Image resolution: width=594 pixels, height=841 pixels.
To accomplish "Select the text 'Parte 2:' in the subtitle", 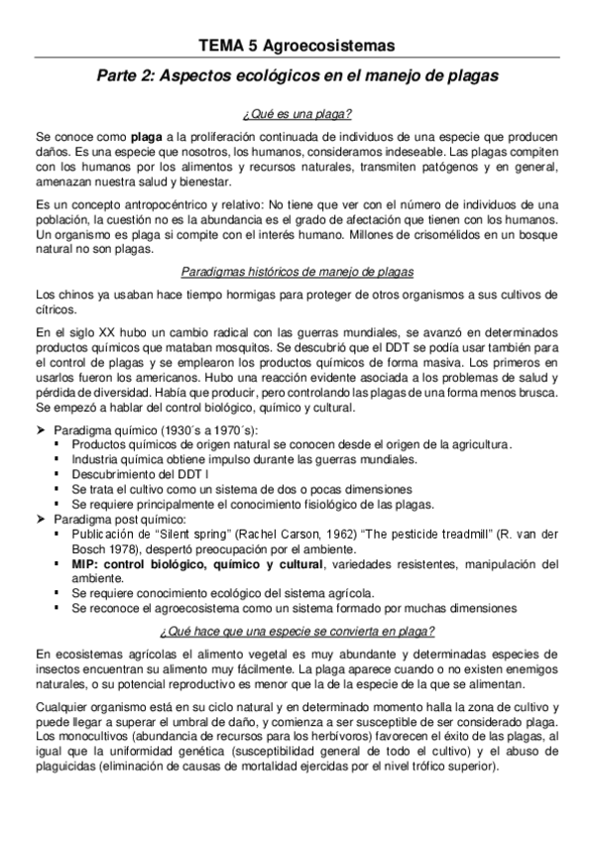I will click(x=140, y=75).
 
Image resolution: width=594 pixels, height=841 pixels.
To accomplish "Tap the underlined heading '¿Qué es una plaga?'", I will click(x=297, y=113).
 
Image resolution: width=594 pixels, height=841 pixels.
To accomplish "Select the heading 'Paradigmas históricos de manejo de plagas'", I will click(x=297, y=272).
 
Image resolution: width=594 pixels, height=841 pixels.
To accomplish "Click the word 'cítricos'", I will click(x=54, y=309).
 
